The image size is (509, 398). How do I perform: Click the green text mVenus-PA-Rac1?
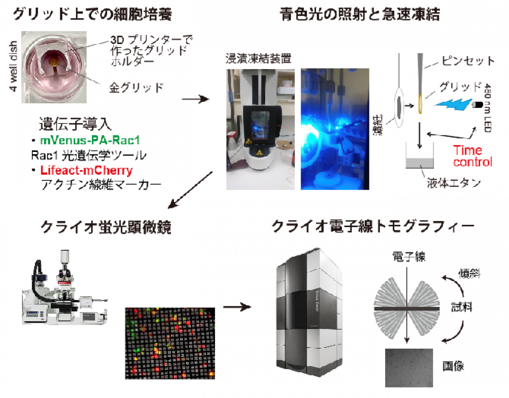(x=90, y=140)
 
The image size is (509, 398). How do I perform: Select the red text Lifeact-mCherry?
(x=87, y=170)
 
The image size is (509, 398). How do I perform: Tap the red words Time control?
(x=473, y=156)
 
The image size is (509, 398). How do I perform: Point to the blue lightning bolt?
(x=453, y=104)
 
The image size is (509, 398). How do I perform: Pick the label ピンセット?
(x=468, y=61)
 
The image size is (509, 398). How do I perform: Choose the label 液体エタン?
(x=454, y=183)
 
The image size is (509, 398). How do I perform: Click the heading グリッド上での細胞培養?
(x=92, y=14)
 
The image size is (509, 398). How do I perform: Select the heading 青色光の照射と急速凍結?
(x=360, y=14)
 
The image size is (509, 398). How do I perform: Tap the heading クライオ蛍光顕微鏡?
(x=106, y=227)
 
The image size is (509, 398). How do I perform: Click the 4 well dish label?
(x=13, y=66)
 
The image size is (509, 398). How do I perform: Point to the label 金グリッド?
(x=136, y=87)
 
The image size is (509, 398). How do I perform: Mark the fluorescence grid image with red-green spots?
(x=170, y=343)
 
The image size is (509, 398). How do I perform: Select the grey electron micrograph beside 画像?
(x=409, y=368)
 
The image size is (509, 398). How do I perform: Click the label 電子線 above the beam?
(x=409, y=257)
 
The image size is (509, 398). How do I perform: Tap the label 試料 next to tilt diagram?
(x=461, y=307)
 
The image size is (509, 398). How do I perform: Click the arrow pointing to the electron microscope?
(x=237, y=307)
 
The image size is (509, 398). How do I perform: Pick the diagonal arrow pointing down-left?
(x=190, y=190)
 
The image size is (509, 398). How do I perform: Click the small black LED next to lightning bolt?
(x=477, y=104)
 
